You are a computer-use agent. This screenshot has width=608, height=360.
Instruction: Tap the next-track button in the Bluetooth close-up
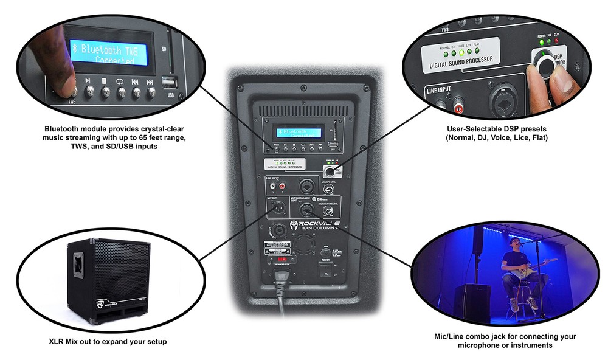150,91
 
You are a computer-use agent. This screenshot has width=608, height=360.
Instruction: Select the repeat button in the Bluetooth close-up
120,91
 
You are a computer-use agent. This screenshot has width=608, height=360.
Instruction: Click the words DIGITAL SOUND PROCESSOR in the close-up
461,61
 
